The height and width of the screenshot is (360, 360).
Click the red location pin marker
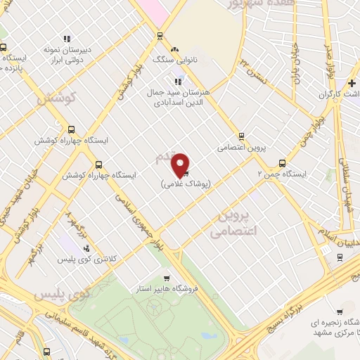click(x=181, y=165)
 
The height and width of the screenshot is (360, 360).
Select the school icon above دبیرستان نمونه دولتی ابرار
click(x=67, y=39)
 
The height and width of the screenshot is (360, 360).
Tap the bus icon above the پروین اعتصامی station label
click(x=241, y=136)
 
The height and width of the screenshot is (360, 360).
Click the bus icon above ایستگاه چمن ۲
click(x=283, y=162)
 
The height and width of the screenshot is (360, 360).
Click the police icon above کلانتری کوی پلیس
click(x=86, y=248)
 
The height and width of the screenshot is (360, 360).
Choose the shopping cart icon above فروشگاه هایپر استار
click(x=167, y=278)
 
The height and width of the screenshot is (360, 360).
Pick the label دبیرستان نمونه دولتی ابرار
click(x=68, y=55)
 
